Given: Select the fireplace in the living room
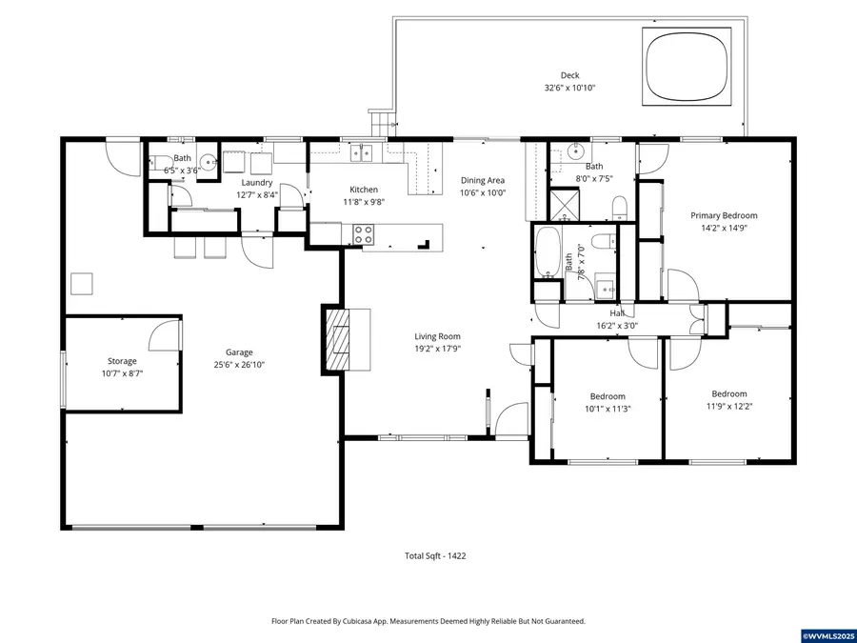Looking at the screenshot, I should (x=338, y=340).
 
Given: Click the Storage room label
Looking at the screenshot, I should (x=122, y=361).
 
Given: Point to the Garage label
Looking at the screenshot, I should (x=239, y=352).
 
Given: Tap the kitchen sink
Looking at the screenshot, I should (x=362, y=152).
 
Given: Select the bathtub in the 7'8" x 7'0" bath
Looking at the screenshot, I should (x=548, y=251).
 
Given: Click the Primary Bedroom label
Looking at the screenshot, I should (x=724, y=216).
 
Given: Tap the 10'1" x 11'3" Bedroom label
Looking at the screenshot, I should (x=608, y=396).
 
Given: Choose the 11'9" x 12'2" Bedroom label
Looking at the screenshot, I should (x=729, y=393).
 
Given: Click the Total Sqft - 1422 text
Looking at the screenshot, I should (x=435, y=555).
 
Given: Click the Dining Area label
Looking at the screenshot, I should (x=483, y=180).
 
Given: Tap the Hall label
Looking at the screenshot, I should (x=617, y=312).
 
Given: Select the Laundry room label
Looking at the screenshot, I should (x=257, y=182).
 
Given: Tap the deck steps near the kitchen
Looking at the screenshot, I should (x=382, y=122).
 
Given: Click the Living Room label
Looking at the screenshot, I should (x=437, y=336).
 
